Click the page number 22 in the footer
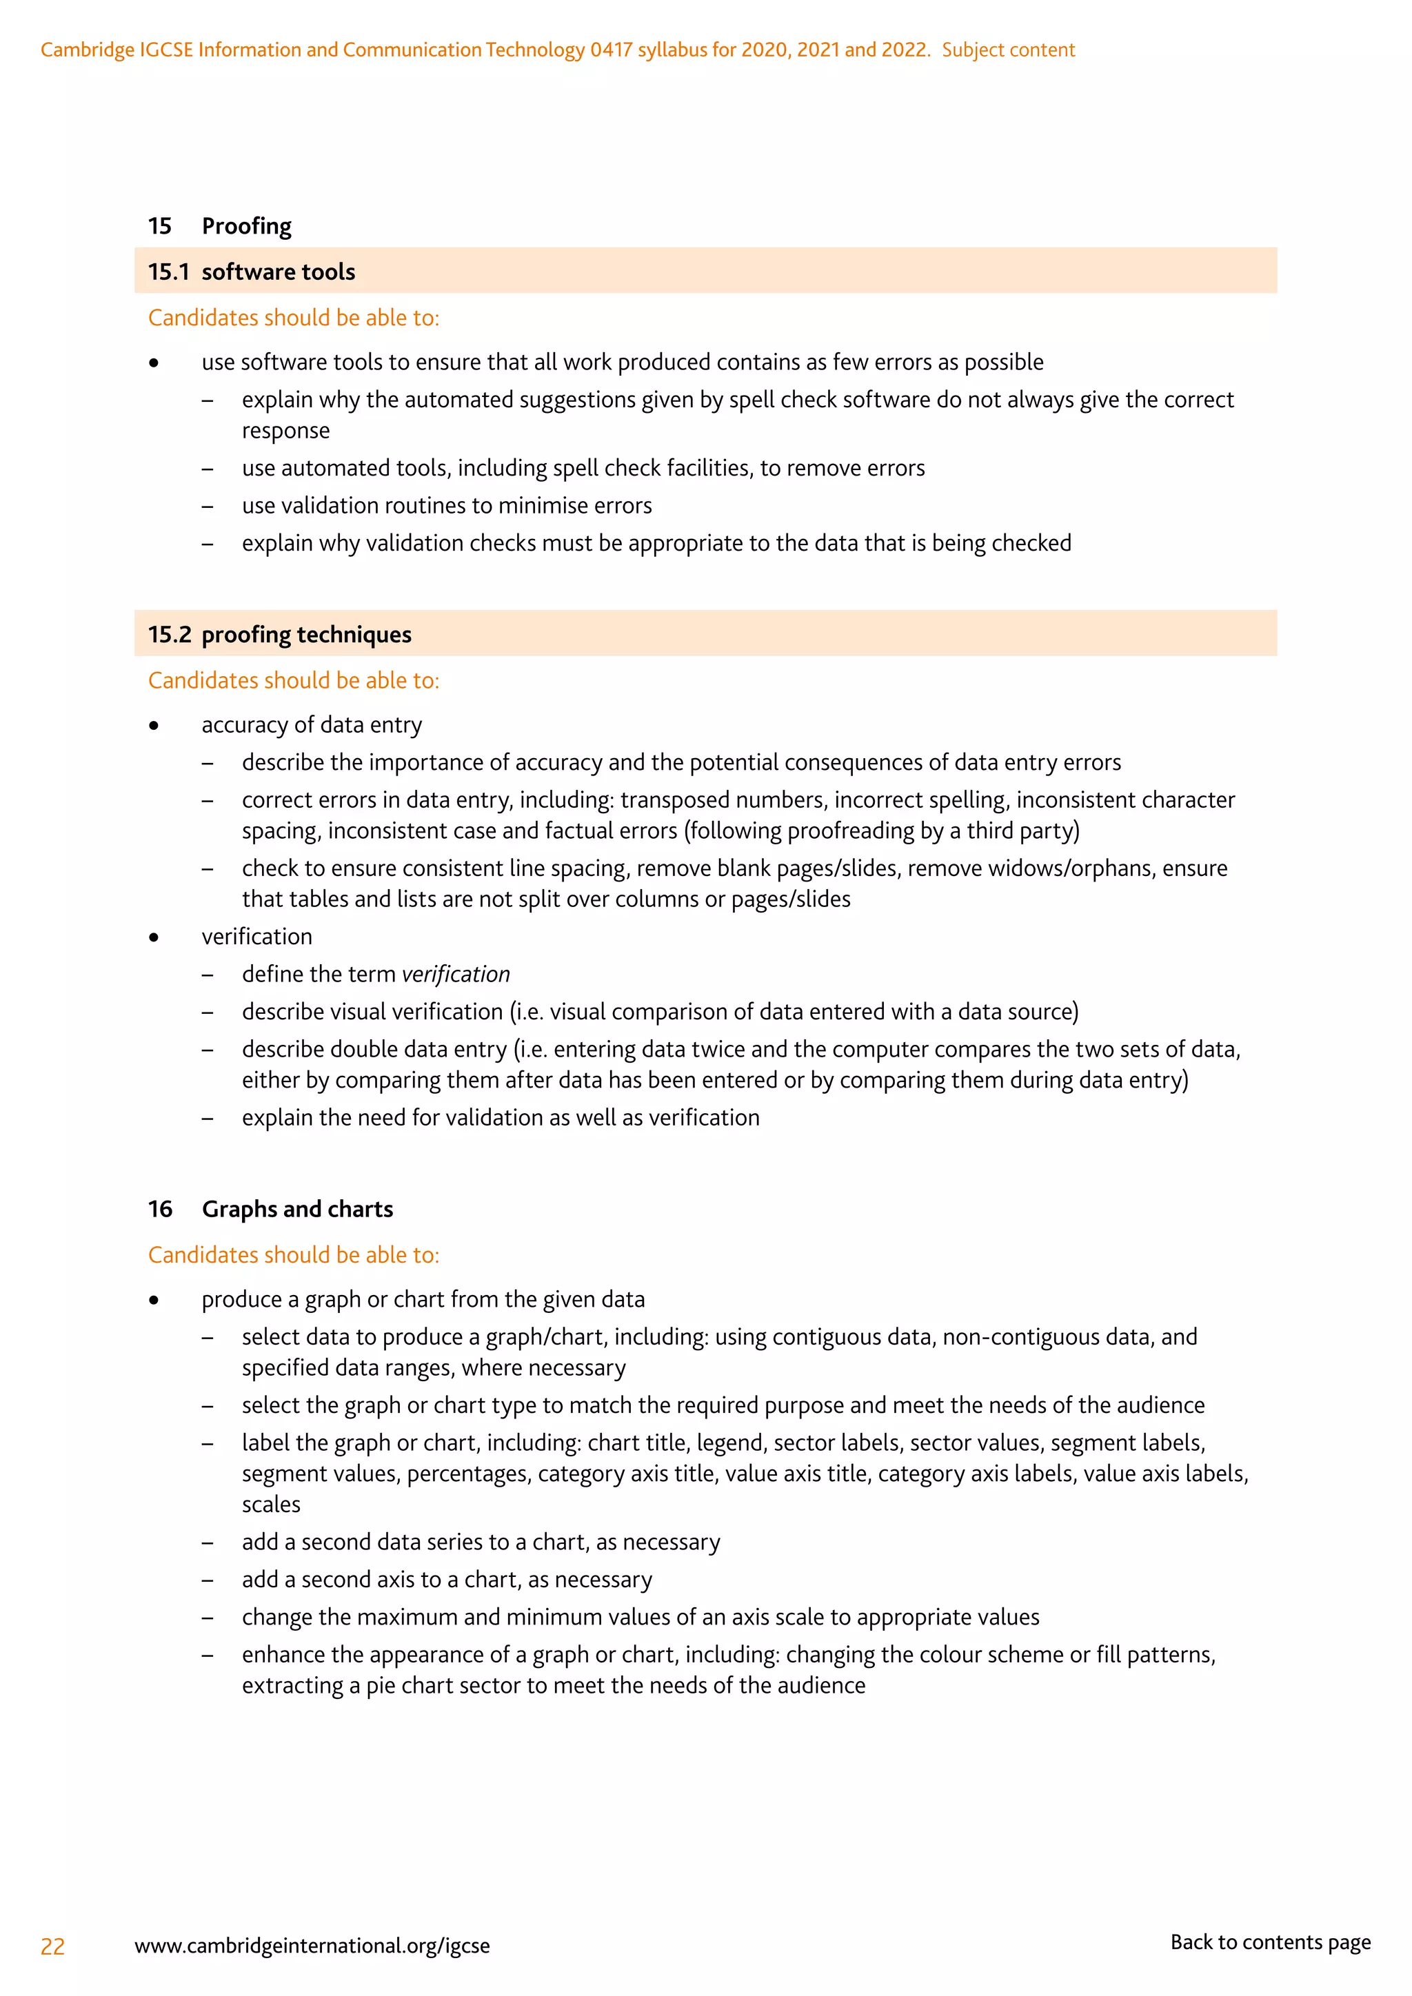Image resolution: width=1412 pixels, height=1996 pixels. coord(52,1946)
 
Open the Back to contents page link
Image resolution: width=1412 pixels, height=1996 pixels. coord(1269,1942)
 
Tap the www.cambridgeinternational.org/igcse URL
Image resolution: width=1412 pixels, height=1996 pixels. coord(312,1946)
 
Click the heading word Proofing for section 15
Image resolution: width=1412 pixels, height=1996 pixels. coord(246,226)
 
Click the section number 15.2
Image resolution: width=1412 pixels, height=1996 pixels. coord(170,635)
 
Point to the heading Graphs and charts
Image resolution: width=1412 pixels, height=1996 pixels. coord(297,1210)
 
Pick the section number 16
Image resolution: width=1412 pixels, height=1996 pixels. coord(160,1210)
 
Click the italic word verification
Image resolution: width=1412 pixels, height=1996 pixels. coord(456,975)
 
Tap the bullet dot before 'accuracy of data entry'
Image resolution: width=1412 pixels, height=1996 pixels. coord(154,726)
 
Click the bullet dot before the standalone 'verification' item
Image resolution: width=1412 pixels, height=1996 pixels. coord(154,937)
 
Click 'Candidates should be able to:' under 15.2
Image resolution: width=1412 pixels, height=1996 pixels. coord(293,681)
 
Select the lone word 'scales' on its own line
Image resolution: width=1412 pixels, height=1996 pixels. coord(271,1505)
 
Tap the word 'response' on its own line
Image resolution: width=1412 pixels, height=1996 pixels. coord(285,431)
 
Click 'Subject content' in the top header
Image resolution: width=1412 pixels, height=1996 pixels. coord(1008,50)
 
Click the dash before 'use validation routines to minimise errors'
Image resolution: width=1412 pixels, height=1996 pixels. coord(207,506)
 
